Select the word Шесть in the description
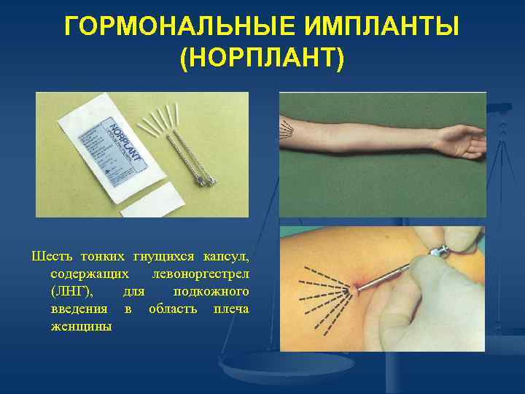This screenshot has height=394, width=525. [49, 256]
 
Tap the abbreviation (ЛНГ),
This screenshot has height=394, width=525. [72, 291]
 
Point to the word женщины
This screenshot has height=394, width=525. [82, 326]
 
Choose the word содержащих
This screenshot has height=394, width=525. [92, 274]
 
